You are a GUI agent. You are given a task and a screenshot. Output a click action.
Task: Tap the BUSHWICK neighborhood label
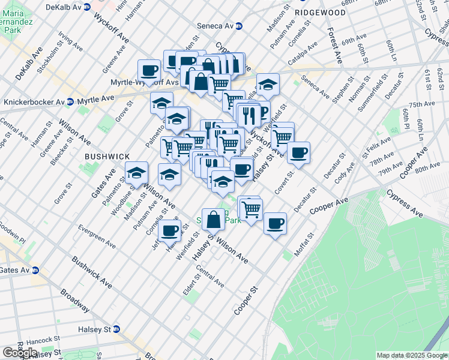click(107, 156)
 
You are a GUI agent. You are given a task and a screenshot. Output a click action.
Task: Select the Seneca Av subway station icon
click(239, 26)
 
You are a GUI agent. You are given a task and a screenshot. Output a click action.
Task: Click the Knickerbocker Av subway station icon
click(70, 102)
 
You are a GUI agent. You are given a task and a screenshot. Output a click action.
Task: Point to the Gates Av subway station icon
click(35, 271)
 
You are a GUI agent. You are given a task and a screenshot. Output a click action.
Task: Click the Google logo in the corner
click(20, 352)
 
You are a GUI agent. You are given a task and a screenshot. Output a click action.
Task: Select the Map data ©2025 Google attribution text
click(411, 355)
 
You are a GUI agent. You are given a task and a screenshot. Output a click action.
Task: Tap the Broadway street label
click(74, 301)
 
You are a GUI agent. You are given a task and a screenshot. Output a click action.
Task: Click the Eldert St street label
click(196, 286)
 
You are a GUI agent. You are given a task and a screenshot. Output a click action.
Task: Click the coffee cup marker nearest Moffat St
click(275, 223)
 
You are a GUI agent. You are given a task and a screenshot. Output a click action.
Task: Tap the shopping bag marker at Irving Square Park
click(213, 219)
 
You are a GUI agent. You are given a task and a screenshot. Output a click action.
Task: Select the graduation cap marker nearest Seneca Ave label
click(268, 83)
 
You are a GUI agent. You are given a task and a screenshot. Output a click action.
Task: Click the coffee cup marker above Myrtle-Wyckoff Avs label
click(149, 70)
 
